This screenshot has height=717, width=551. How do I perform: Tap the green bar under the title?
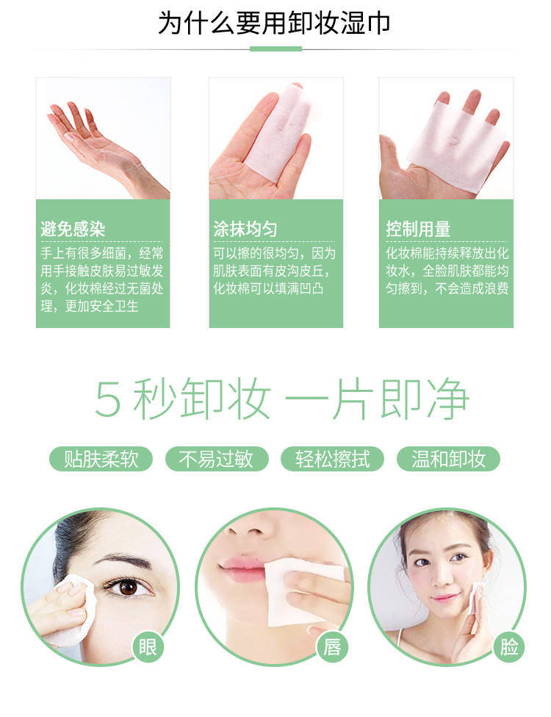275,49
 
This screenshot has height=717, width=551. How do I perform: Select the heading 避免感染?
73,229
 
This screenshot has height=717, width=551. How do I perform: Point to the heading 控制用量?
419,229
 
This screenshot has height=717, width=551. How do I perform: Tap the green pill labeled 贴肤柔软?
101,460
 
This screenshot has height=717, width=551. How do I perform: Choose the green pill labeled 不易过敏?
216,460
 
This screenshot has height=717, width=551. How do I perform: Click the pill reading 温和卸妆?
448,460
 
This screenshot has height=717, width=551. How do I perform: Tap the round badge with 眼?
148,647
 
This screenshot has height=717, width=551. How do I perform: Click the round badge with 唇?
332,647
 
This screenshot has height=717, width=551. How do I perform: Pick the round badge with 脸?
509,647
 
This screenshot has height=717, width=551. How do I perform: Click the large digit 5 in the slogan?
107,400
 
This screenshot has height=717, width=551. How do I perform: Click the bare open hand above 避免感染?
96,143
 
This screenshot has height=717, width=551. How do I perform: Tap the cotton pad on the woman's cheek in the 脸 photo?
477,597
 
